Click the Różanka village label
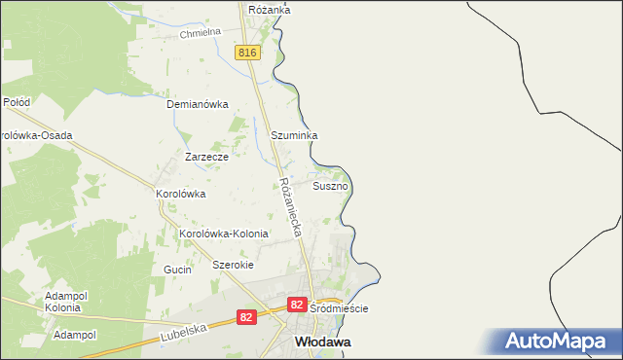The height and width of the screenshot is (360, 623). [x=270, y=10]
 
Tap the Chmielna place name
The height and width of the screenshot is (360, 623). [x=202, y=35]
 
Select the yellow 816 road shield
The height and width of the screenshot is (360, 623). [x=247, y=52]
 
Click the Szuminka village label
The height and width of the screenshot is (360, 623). [x=295, y=136]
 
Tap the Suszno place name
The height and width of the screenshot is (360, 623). [x=330, y=185]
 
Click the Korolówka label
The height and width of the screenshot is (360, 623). [x=181, y=194]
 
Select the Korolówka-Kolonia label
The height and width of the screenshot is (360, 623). [x=223, y=234]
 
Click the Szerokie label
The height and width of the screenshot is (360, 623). [x=233, y=265]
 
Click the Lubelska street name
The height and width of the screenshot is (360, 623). [x=185, y=333]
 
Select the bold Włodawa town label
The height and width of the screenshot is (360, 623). [x=323, y=342]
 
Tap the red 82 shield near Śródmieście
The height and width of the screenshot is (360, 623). [x=298, y=306]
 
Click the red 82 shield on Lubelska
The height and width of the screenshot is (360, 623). [x=248, y=317]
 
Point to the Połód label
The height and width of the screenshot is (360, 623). [x=17, y=101]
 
